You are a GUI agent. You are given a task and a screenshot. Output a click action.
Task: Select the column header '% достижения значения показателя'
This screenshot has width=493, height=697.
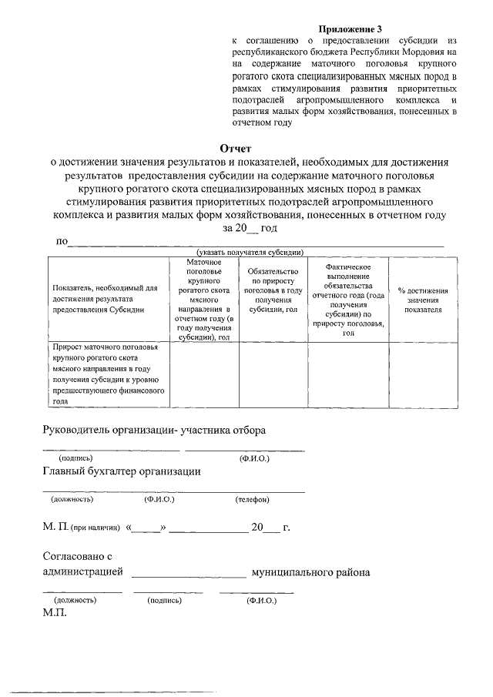(424, 300)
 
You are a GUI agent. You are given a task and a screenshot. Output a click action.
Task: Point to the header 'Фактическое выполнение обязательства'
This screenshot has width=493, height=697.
(349, 300)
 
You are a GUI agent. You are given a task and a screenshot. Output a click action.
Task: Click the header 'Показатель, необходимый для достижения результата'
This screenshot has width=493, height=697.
(106, 300)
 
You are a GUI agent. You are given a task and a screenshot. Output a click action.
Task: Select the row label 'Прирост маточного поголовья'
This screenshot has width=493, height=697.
(106, 374)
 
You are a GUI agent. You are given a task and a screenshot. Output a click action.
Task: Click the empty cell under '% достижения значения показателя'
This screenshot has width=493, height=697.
(424, 374)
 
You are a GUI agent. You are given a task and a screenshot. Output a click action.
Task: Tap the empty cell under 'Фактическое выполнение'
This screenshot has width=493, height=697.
(349, 374)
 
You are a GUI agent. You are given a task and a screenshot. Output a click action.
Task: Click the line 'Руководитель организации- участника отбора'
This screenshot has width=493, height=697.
(154, 431)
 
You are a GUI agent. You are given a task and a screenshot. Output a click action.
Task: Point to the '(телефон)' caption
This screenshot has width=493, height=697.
(253, 499)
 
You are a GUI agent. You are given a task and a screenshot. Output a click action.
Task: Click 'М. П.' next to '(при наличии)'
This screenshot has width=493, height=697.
(54, 528)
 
